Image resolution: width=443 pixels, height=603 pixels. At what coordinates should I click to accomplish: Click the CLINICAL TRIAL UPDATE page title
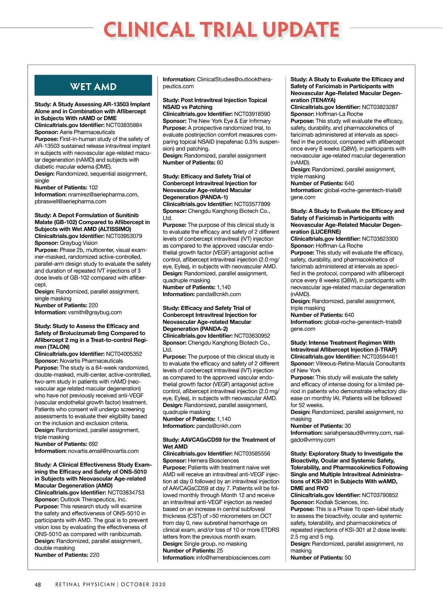[221, 30]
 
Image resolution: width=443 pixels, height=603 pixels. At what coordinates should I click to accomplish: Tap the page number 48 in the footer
[38, 585]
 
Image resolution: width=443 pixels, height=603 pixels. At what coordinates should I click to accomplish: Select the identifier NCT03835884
[124, 125]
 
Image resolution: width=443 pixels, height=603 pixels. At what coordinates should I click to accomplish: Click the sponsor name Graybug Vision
[79, 243]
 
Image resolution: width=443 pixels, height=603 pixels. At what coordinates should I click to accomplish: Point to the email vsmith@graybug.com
[95, 312]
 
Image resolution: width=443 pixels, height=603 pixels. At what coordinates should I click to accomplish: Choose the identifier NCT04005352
[124, 354]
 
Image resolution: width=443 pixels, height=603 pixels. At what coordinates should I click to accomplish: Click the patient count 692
[93, 444]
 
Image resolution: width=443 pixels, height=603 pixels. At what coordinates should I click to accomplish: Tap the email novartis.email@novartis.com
[103, 451]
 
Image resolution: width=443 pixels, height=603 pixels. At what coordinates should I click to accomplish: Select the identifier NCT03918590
[252, 114]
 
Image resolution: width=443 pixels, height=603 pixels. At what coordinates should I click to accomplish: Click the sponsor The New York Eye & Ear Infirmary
[229, 121]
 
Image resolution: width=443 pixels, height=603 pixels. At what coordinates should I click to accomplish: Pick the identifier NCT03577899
[252, 204]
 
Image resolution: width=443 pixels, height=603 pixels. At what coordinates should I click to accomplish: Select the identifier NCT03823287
[380, 107]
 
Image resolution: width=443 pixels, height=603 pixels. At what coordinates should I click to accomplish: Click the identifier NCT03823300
[380, 239]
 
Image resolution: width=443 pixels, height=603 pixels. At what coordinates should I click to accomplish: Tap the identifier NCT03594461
[380, 357]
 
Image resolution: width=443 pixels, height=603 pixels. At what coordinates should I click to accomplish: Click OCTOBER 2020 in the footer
[143, 585]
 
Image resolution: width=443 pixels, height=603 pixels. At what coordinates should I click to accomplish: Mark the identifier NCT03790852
[380, 495]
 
